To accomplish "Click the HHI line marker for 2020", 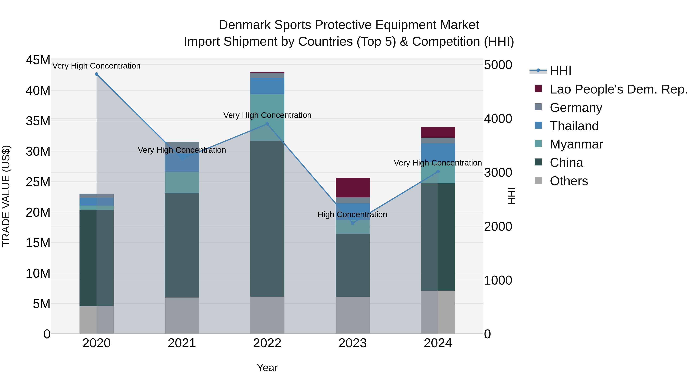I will (x=97, y=74).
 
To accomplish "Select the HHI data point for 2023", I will (x=352, y=223).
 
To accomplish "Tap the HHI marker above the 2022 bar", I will (x=267, y=124).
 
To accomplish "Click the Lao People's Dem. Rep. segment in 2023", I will (x=352, y=187).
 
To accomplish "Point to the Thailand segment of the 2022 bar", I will (x=267, y=86).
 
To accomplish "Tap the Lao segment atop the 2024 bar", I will (x=438, y=132).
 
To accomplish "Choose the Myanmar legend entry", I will (x=576, y=144).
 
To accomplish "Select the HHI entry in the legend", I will (x=560, y=71).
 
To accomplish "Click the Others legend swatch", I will (x=538, y=180).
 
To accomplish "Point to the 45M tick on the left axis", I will (x=38, y=60).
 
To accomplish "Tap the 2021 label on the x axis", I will (x=182, y=343).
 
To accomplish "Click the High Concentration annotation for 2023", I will (x=352, y=214).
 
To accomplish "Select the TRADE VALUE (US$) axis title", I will (x=6, y=196).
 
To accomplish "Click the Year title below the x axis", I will (x=267, y=368).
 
